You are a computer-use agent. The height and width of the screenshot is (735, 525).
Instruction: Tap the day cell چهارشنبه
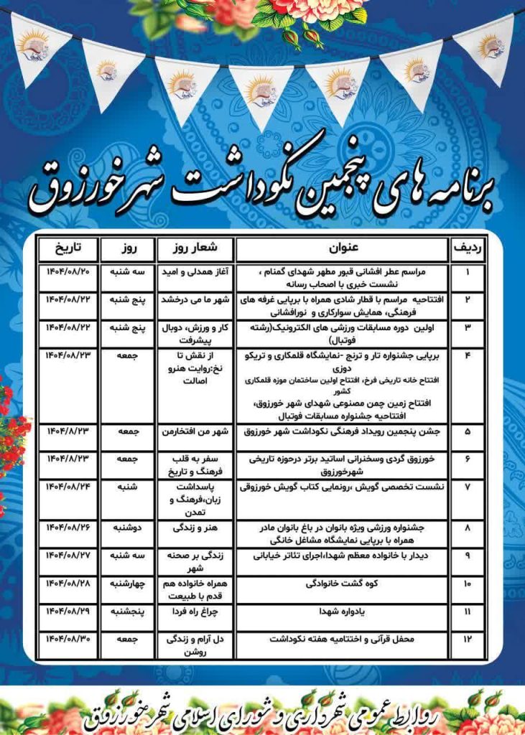coord(126,583)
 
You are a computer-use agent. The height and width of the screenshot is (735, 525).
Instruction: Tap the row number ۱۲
coord(469,637)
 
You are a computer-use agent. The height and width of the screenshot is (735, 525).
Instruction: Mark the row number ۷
coord(469,486)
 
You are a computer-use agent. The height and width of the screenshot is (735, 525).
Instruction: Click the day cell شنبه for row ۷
coord(126,486)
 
